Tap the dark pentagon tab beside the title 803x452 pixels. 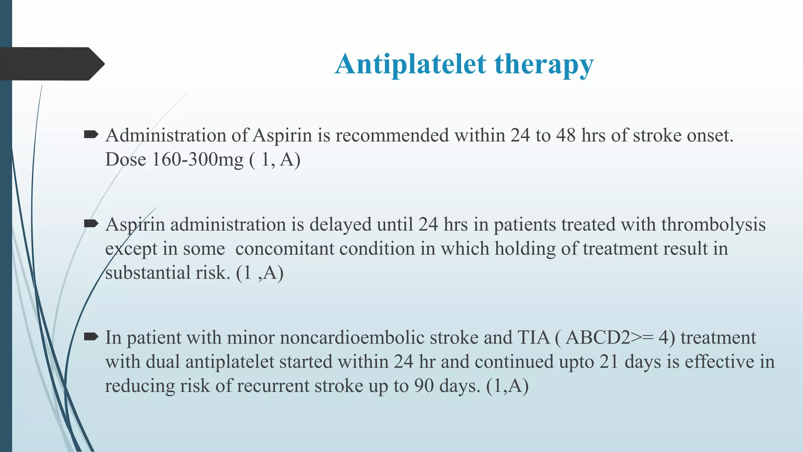click(x=51, y=64)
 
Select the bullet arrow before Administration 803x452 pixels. click(x=91, y=135)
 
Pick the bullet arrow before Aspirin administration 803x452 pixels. click(x=91, y=224)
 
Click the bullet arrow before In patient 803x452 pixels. click(x=91, y=337)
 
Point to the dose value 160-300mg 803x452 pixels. click(x=198, y=159)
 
